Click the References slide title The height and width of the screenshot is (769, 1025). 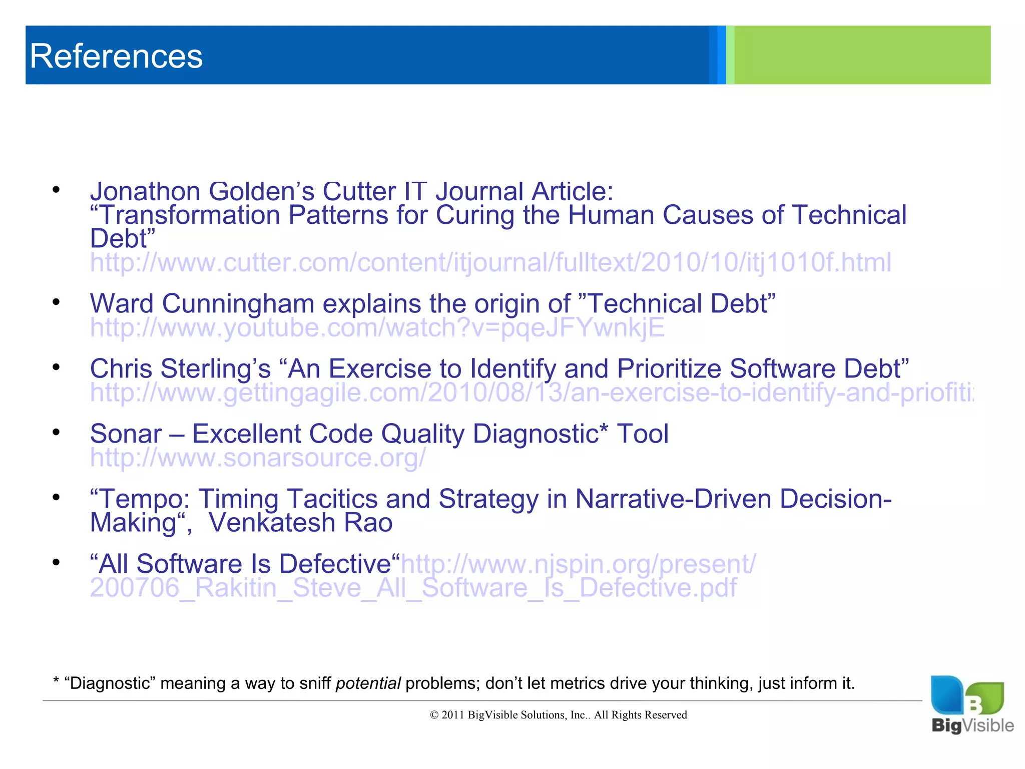[x=116, y=56]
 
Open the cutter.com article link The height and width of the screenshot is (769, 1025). [x=490, y=262]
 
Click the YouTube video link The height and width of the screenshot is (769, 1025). [x=377, y=328]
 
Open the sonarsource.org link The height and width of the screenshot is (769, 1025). [x=258, y=458]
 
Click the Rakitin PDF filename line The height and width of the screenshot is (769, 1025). [x=413, y=588]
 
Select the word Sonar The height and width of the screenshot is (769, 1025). [x=126, y=434]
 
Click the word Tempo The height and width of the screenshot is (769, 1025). [x=144, y=499]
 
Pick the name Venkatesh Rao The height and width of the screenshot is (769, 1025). [x=300, y=523]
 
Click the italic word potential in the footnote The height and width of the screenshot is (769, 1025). [x=368, y=683]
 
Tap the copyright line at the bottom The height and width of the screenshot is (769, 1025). [x=558, y=715]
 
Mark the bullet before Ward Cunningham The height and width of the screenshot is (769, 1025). [x=56, y=302]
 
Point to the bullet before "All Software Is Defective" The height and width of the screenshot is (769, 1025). [x=56, y=562]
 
